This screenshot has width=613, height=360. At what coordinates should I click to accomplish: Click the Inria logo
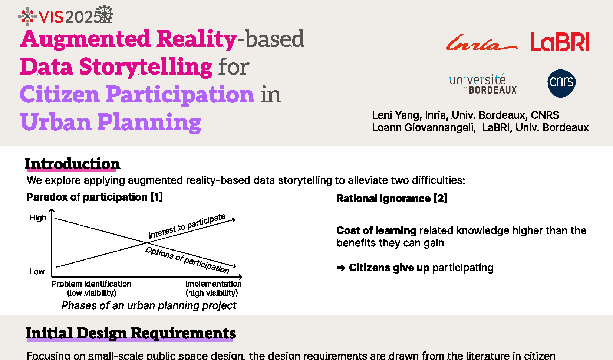click(x=482, y=43)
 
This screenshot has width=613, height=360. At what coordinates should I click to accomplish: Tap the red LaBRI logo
click(x=560, y=42)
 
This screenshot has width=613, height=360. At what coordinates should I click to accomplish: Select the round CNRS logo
click(x=561, y=83)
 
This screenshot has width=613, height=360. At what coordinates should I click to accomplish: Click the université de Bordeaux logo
click(x=483, y=84)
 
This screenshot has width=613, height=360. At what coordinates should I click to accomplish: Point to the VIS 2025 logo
click(x=65, y=15)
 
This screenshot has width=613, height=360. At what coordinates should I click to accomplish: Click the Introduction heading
click(x=73, y=164)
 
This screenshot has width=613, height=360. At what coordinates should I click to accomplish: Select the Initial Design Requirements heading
click(x=131, y=333)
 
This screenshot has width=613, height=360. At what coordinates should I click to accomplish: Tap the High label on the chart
click(x=38, y=218)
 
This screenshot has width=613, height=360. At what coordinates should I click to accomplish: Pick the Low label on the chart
click(x=37, y=272)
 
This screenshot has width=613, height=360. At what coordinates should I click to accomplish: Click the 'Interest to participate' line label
click(x=187, y=226)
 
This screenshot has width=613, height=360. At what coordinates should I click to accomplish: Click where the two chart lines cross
click(x=147, y=243)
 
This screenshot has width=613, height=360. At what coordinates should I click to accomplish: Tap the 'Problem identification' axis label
click(x=91, y=284)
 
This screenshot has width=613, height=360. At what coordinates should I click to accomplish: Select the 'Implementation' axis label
click(x=214, y=284)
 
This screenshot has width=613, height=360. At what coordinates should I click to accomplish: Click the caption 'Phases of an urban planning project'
click(x=149, y=305)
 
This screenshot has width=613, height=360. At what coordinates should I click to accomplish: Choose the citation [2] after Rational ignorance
click(x=441, y=198)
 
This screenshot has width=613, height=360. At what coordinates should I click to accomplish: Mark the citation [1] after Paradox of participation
click(x=157, y=197)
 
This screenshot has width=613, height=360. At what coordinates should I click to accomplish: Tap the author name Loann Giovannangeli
click(x=424, y=127)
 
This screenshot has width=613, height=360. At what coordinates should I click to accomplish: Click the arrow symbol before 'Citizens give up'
click(x=341, y=268)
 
